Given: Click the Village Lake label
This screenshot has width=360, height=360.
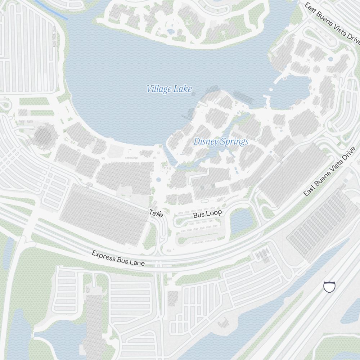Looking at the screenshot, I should (x=169, y=89).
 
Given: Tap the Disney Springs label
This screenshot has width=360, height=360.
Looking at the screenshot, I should (x=221, y=141).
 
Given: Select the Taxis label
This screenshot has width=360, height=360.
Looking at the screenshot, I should (x=156, y=213).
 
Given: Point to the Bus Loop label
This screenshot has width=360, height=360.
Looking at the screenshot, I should (x=207, y=214).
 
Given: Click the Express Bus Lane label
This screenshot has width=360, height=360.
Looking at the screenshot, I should (x=118, y=258).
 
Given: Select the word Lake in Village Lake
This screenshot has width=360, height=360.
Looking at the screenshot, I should (x=182, y=89).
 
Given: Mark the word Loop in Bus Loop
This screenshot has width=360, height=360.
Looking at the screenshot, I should (x=215, y=213).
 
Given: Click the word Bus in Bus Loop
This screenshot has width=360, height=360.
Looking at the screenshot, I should (x=199, y=215).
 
